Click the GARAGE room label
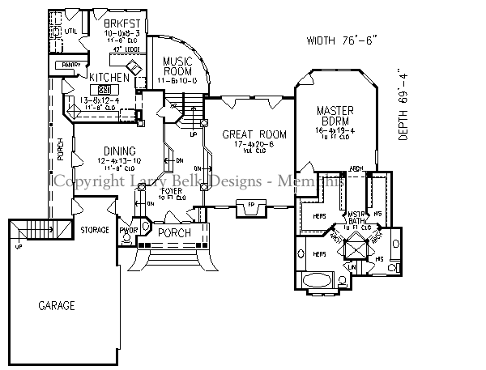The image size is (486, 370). click(x=56, y=306)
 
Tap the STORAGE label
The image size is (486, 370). click(x=95, y=231)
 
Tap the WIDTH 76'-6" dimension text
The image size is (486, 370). click(x=341, y=40)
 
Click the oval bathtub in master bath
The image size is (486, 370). click(x=316, y=279)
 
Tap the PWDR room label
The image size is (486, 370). click(x=129, y=231)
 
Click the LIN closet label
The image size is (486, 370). click(x=352, y=266)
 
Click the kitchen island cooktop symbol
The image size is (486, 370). click(x=104, y=89)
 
